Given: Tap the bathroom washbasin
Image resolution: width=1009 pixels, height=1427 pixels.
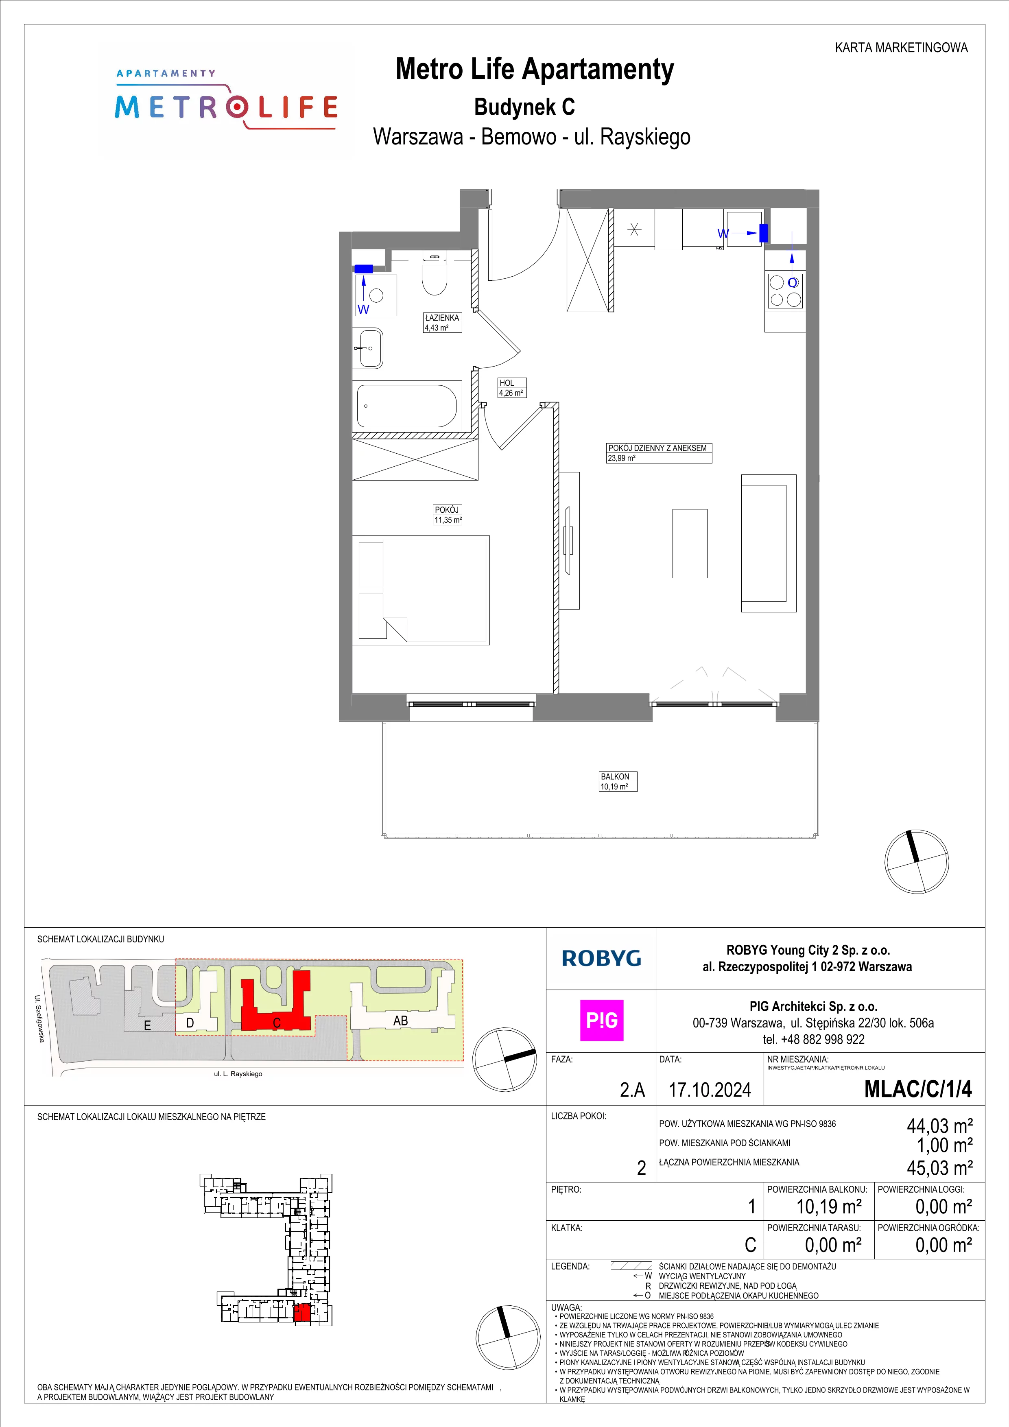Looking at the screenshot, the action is click(371, 348).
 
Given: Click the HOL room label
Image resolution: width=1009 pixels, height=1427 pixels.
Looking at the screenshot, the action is click(507, 383).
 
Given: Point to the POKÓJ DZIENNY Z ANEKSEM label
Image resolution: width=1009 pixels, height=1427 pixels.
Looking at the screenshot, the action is click(657, 448).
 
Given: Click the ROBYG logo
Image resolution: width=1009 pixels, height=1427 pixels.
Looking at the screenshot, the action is click(601, 958).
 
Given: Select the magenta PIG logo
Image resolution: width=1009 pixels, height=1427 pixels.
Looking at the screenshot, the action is click(601, 1021).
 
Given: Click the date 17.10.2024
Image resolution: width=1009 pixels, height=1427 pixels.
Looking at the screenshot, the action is click(710, 1090).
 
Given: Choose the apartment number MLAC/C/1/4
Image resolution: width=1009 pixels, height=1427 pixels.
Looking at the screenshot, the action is click(918, 1089).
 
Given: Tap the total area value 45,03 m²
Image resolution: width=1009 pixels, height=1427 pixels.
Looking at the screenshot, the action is click(939, 1168).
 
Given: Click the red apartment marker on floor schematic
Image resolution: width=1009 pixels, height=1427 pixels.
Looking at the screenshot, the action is click(301, 1313).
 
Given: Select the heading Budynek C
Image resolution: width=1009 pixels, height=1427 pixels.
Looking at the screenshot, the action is click(524, 107).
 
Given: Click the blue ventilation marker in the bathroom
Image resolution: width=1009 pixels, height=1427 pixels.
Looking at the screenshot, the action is click(363, 269).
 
